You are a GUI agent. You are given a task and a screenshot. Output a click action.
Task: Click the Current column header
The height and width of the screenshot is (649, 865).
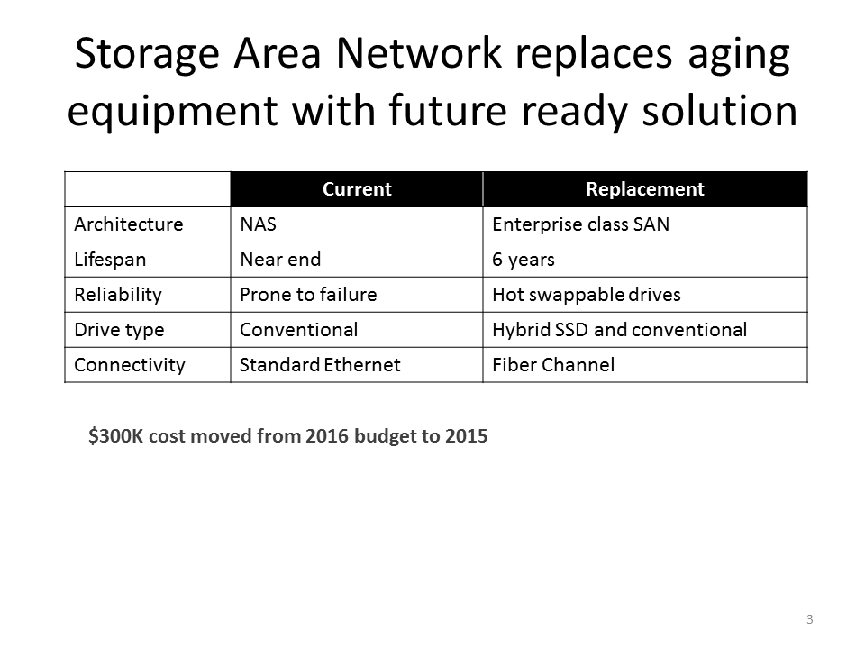pos(357,189)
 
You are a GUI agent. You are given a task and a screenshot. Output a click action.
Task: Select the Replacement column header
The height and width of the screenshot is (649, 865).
pos(645,189)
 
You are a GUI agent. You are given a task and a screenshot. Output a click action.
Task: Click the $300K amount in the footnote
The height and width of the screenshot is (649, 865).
pos(116,436)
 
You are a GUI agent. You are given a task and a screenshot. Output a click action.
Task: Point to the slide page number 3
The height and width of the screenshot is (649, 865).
pos(809,619)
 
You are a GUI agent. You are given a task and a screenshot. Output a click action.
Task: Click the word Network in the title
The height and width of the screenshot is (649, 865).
pos(419,53)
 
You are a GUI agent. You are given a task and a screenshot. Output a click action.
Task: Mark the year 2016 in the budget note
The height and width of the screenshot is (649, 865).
pos(326,436)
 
